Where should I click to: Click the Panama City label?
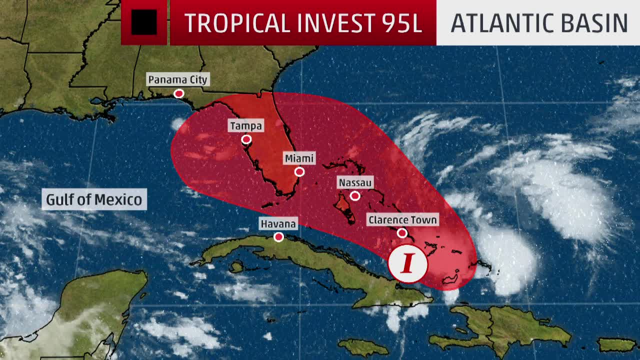click(x=177, y=79)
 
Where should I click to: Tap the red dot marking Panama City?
click(x=178, y=93)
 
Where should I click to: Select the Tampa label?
click(x=245, y=125)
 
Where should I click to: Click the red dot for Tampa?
click(x=246, y=139)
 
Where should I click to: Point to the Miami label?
click(x=299, y=158)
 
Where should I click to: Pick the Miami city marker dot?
click(x=299, y=172)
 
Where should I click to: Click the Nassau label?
click(x=355, y=182)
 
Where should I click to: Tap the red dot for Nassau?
click(x=355, y=196)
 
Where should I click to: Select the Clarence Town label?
click(x=402, y=219)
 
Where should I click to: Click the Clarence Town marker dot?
click(x=402, y=233)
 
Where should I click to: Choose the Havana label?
click(x=278, y=223)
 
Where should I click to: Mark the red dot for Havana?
click(x=278, y=237)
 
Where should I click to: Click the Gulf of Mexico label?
click(x=94, y=199)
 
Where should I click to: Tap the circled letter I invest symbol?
click(x=408, y=263)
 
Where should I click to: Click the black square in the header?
click(x=144, y=22)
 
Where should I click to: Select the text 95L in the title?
click(x=400, y=23)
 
